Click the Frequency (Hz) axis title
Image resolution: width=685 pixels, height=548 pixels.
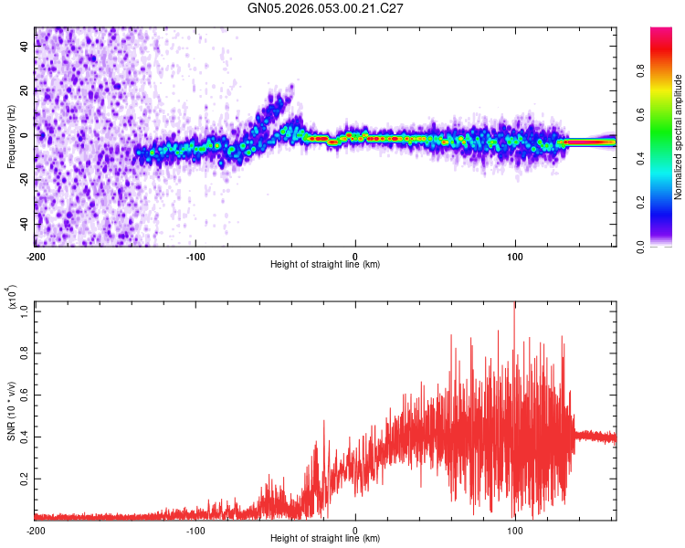pyautogui.click(x=11, y=136)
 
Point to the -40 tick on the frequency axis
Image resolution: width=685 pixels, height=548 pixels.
pyautogui.click(x=23, y=224)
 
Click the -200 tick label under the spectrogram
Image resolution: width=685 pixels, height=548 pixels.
pyautogui.click(x=36, y=255)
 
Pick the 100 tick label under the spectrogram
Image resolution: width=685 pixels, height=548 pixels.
pyautogui.click(x=515, y=255)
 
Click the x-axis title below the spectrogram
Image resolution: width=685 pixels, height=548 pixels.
pyautogui.click(x=325, y=265)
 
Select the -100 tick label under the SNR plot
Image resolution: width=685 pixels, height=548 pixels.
pyautogui.click(x=195, y=530)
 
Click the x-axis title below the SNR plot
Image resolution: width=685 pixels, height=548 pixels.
pyautogui.click(x=325, y=540)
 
